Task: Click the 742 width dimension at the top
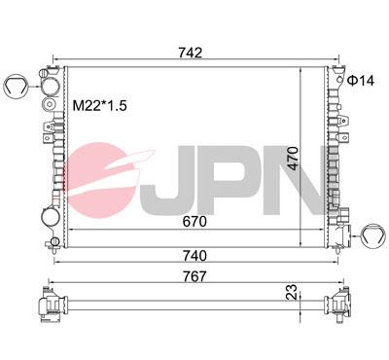[x=192, y=54]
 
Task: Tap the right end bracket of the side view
[x=339, y=304]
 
